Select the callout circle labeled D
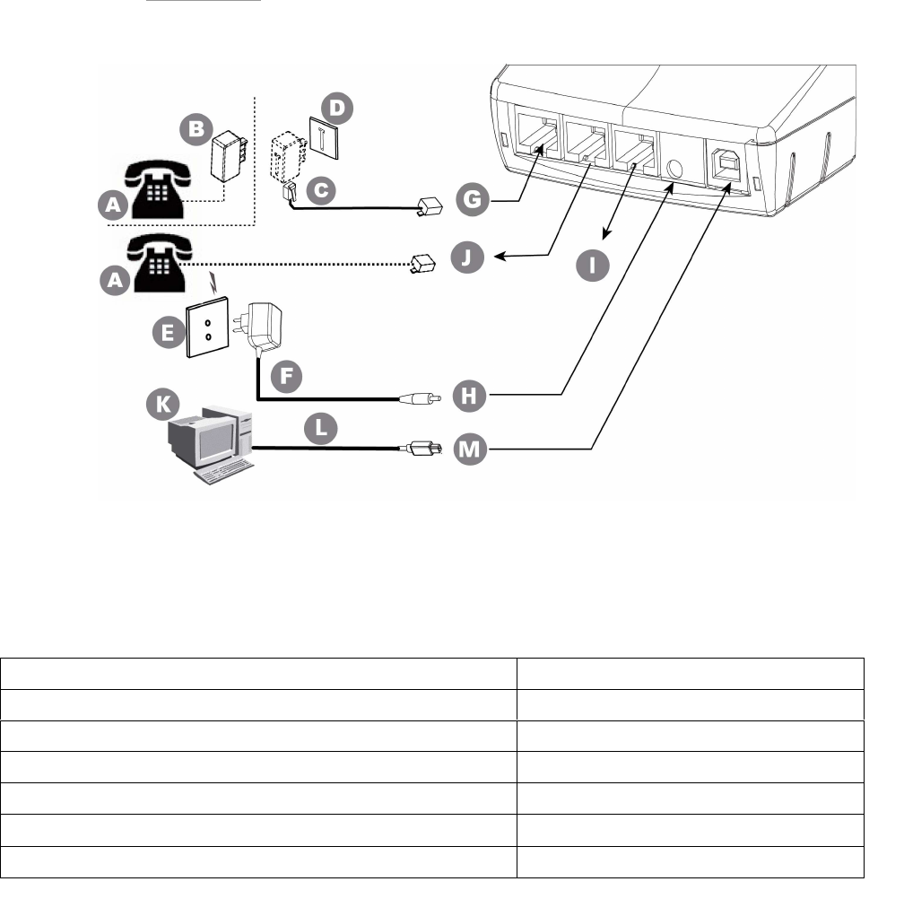339,109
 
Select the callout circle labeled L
320,429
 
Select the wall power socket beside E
209,327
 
